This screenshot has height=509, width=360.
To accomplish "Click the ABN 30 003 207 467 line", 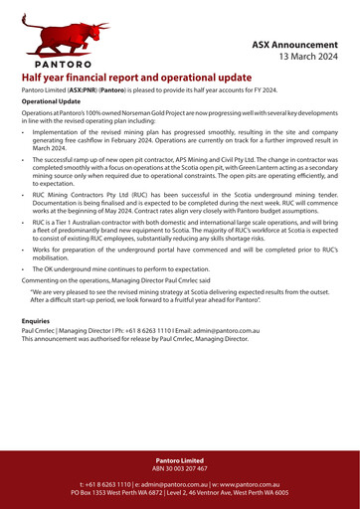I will pos(180,468).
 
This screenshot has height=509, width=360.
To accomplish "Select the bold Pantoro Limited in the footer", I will pos(180,460).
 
